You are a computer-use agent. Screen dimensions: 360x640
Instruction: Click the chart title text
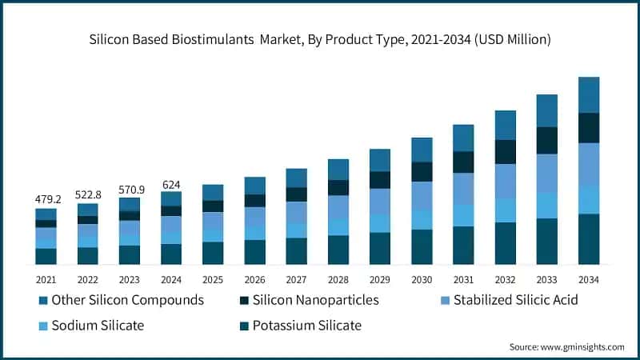(320, 38)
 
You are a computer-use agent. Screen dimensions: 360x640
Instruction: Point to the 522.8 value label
(88, 194)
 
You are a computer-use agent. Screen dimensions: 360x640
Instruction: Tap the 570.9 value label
(130, 189)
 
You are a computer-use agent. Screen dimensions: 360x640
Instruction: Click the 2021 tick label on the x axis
(46, 279)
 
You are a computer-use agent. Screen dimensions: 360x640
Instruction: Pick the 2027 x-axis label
(297, 279)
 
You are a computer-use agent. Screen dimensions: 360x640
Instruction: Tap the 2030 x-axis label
(422, 279)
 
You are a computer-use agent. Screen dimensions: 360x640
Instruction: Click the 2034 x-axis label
(589, 279)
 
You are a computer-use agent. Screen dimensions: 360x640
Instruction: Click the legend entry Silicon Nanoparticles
(315, 301)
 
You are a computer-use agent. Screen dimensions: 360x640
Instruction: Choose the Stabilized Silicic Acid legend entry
(515, 301)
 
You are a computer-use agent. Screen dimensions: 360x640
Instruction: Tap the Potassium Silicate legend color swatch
(243, 326)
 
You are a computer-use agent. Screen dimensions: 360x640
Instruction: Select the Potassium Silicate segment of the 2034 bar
(589, 238)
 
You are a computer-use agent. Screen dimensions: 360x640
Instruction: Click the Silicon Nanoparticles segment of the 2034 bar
(589, 128)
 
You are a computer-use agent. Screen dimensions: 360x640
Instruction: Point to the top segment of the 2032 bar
(506, 125)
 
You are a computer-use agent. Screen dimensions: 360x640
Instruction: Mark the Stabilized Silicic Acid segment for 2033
(547, 173)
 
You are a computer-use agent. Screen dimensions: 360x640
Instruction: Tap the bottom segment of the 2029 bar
(380, 248)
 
